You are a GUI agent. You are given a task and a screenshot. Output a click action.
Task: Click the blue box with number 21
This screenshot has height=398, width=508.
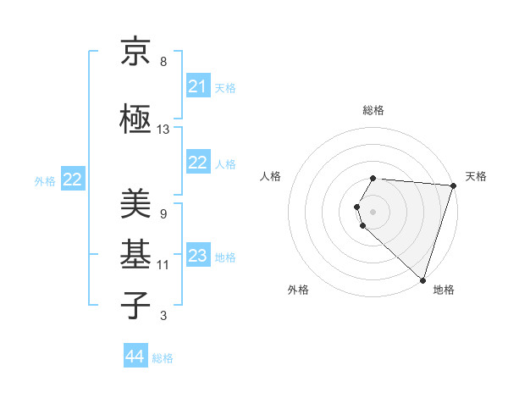pos(198,86)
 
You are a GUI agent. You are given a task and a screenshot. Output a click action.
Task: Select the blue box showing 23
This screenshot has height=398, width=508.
pos(198,256)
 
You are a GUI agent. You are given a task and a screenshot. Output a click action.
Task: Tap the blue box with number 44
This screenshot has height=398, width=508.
pos(135,357)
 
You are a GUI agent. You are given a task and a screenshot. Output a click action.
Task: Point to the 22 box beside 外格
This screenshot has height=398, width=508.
pos(73,180)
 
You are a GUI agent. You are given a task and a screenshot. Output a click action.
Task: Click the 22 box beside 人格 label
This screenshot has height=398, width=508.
pos(198,163)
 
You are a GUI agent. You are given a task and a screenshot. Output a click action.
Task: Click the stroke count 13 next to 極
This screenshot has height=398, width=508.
pos(163,130)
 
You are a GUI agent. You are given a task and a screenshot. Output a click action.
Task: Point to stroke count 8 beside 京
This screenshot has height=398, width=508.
pos(163,62)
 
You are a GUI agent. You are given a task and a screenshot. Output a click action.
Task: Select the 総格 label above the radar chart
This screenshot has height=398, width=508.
pos(373,110)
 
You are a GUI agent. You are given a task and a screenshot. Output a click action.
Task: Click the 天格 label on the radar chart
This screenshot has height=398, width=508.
pos(476,176)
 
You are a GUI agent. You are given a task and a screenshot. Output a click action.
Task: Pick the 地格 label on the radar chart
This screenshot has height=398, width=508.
pos(444,290)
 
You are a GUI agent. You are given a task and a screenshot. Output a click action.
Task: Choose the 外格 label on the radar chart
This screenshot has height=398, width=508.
pos(298,290)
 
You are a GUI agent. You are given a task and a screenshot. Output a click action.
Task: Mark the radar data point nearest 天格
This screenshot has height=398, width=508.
pos(453,185)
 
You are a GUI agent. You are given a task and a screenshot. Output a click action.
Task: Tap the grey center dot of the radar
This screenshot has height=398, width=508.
pos(373,211)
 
